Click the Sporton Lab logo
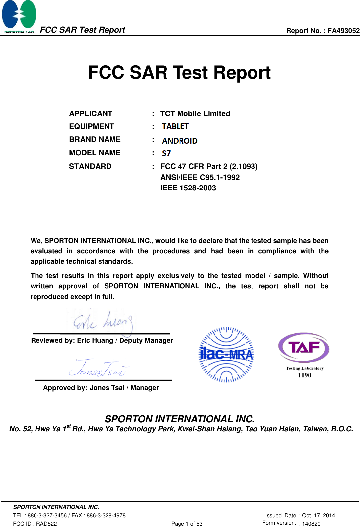[x=19, y=17]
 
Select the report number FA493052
[x=343, y=31]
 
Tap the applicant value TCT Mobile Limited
[x=195, y=113]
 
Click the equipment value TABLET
[x=175, y=126]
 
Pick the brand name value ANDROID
[x=180, y=141]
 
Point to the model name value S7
[x=166, y=153]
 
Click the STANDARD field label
[x=90, y=166]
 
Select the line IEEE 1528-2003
[x=188, y=188]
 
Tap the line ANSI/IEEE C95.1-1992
[x=200, y=177]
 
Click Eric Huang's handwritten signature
[x=103, y=321]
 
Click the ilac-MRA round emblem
[x=226, y=355]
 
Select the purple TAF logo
[x=304, y=347]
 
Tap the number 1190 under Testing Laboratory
[x=304, y=375]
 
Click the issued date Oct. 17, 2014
[x=318, y=515]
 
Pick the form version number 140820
[x=311, y=524]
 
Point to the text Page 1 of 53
[x=187, y=524]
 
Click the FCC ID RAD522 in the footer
[x=35, y=524]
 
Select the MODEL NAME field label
[x=95, y=153]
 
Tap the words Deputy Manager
[x=146, y=340]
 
